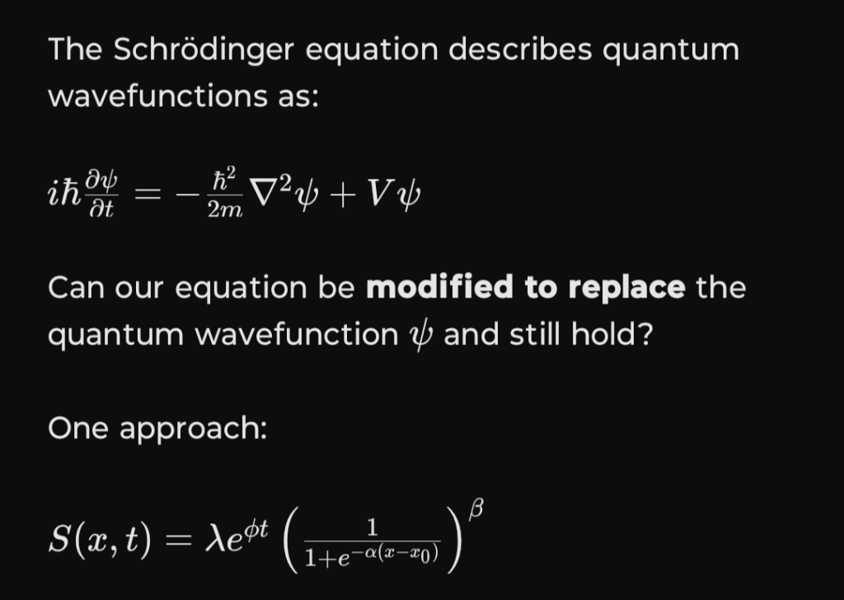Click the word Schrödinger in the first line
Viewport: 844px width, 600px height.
204,50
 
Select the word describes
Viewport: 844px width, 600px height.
520,49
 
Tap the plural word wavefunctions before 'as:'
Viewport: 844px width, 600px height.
157,96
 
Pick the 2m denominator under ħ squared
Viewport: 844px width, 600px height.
225,209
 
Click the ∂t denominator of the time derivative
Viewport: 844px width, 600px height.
101,209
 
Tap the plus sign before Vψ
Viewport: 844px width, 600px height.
344,195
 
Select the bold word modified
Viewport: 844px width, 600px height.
439,287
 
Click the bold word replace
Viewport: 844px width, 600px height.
626,288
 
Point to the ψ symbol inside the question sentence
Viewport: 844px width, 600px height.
421,336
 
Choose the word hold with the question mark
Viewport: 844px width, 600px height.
612,334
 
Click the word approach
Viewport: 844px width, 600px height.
193,429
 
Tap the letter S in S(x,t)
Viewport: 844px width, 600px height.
59,539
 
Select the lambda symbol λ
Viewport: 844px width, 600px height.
214,538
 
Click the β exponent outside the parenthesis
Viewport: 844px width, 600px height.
476,509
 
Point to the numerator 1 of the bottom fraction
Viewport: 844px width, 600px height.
372,527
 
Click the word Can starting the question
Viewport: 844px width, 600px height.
77,288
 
